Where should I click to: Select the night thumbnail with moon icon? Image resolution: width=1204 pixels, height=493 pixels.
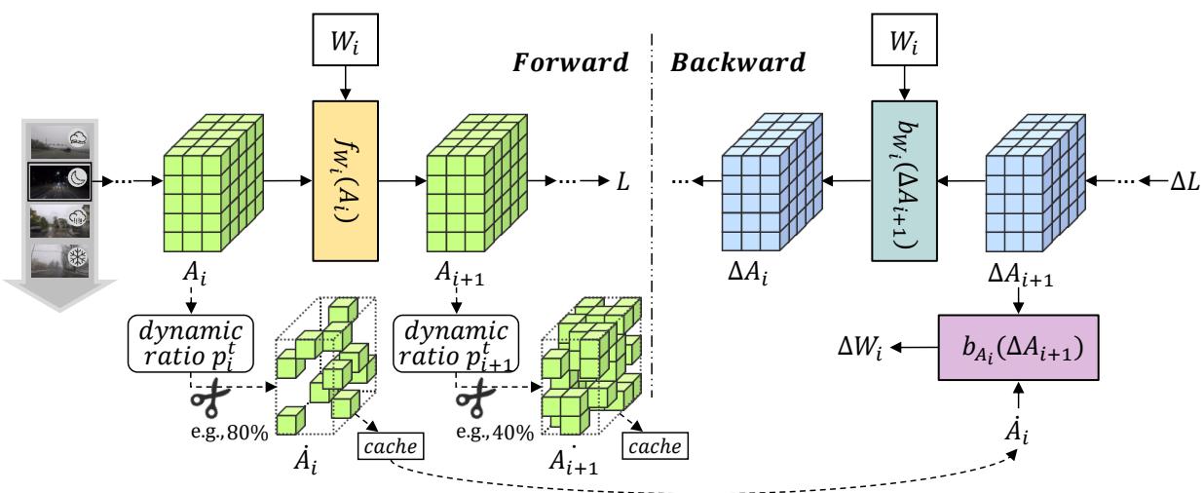tap(60, 179)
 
